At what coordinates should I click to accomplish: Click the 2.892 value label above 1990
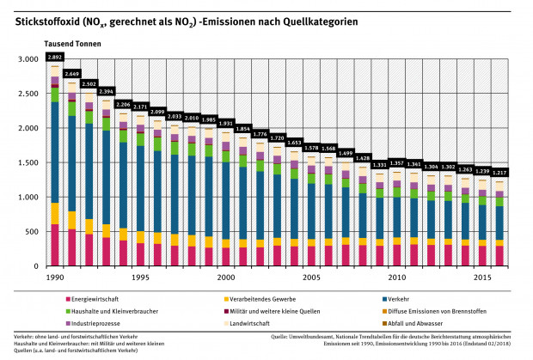pyautogui.click(x=55, y=57)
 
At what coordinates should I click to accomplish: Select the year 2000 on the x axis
pyautogui.click(x=225, y=278)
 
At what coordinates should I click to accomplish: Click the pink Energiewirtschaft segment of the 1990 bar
pyautogui.click(x=55, y=246)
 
